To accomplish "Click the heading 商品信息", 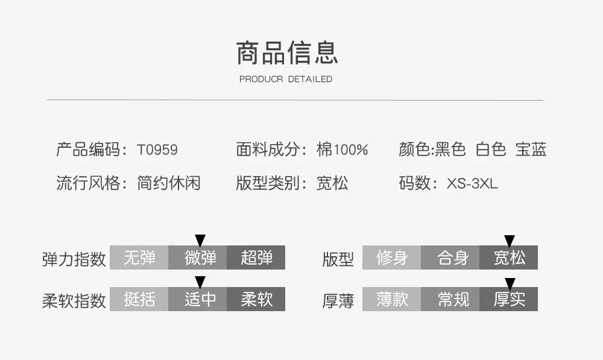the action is coord(287,52).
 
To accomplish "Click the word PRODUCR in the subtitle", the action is coord(261,79).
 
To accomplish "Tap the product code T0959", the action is coord(157,150).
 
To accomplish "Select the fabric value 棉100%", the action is coord(342,150).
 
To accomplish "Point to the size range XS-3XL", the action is coord(472,183).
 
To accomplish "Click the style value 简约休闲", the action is coord(168,183).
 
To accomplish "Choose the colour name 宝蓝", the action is coord(531,149).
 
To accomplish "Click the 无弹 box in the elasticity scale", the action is coord(139,257).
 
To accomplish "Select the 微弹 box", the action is coord(197,257).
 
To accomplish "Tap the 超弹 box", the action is coord(256,257).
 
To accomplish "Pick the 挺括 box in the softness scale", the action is coord(139,299).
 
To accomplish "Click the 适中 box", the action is coord(197,299).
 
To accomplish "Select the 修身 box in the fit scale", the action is coord(391,257).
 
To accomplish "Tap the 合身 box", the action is coord(450,257).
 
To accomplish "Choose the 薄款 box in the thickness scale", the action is coord(391,299).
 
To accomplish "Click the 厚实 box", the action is coord(508,299).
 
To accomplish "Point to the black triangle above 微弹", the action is coord(200,240).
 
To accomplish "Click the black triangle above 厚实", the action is coord(510,283).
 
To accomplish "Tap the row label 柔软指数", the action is coord(74,300).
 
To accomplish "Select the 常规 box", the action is coord(450,299).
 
